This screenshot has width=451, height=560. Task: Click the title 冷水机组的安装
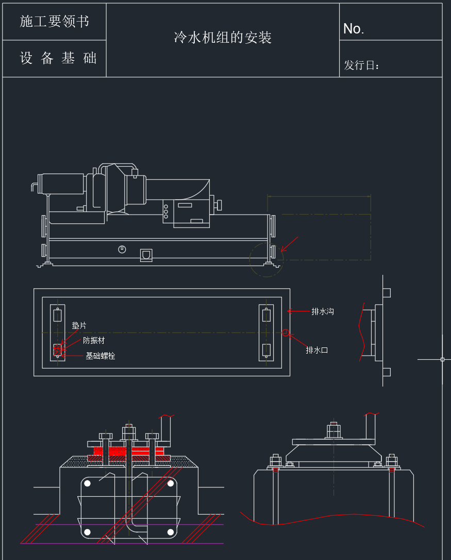(x=223, y=38)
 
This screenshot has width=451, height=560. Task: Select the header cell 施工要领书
(x=54, y=21)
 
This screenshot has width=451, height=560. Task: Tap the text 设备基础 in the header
(x=58, y=58)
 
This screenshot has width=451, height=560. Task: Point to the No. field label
(x=354, y=29)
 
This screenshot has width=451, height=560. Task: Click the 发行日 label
(x=362, y=65)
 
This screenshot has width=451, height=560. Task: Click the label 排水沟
(x=322, y=311)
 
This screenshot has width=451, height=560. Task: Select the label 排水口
(x=316, y=351)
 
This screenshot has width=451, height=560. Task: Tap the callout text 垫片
(x=79, y=326)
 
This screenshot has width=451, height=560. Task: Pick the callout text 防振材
(x=94, y=341)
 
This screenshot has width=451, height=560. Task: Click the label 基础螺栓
(x=100, y=356)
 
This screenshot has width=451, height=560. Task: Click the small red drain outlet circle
(x=286, y=332)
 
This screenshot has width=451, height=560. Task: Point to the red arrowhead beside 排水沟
(x=290, y=311)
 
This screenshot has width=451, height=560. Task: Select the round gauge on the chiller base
(x=122, y=250)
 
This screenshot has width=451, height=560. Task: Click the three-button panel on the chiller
(x=165, y=211)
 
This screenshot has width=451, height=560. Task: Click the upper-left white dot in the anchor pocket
(x=88, y=483)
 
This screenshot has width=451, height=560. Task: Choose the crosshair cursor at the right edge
(x=442, y=359)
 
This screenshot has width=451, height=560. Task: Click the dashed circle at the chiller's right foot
(x=266, y=259)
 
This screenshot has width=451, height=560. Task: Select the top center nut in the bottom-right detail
(x=333, y=429)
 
